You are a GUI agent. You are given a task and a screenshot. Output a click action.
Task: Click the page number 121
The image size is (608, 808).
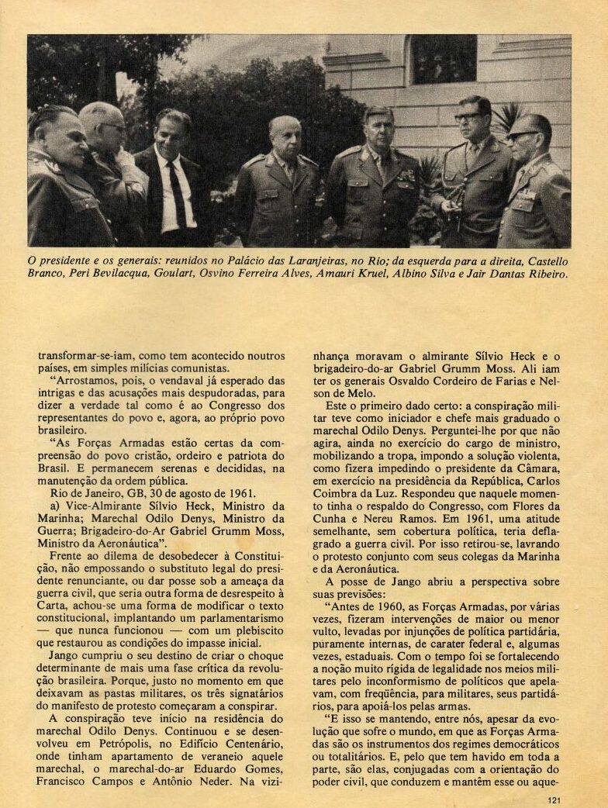pyautogui.click(x=553, y=801)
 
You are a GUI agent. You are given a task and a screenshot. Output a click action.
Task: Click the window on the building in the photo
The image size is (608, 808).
pyautogui.click(x=444, y=60)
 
